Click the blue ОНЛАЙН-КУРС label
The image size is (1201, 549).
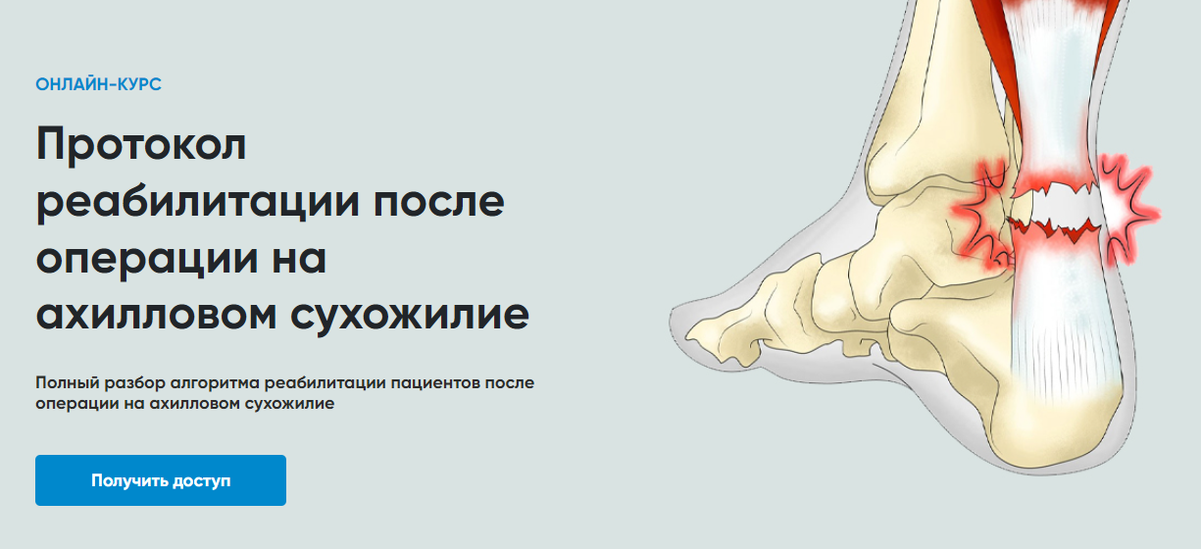coord(99,84)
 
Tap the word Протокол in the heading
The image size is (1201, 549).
coord(141,145)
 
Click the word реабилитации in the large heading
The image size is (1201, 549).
coord(198,203)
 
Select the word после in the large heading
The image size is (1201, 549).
coord(438,203)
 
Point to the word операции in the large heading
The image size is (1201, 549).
coord(147,260)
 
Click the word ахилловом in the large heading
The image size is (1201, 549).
coord(157,316)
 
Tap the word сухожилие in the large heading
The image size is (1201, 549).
coord(410,317)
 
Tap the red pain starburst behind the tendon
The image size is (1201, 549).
coord(1126,208)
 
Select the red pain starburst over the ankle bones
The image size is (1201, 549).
coord(982,215)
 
